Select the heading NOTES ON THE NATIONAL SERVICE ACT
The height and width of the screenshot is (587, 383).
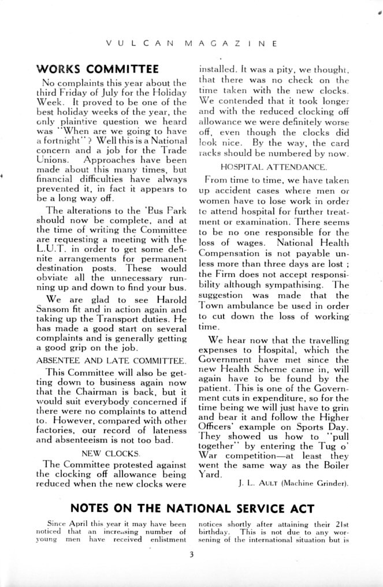coord(192,509)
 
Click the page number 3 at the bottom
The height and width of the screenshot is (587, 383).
coord(190,556)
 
